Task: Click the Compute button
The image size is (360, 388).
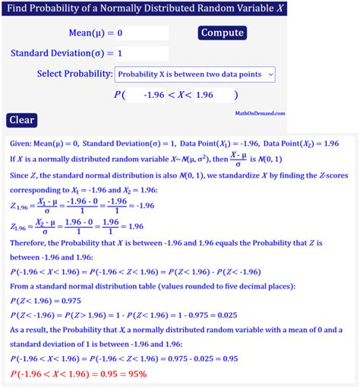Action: [x=222, y=33]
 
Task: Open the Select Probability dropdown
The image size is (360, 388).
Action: [x=194, y=74]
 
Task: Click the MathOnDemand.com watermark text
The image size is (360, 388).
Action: [x=261, y=112]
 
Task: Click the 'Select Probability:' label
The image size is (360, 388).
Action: [x=74, y=74]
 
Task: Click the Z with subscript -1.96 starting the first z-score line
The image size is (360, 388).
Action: [x=19, y=206]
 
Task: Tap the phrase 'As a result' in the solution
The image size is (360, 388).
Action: [x=32, y=330]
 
